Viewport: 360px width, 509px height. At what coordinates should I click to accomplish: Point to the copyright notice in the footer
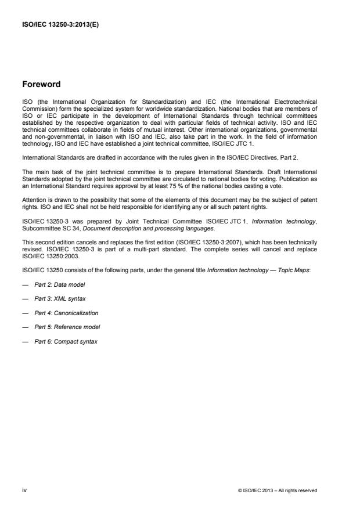coord(278,490)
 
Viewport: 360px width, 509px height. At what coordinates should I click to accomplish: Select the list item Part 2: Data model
coord(58,285)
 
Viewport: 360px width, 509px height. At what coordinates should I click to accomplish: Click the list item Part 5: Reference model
coord(64,327)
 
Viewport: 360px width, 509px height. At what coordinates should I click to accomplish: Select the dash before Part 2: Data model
coord(25,285)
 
